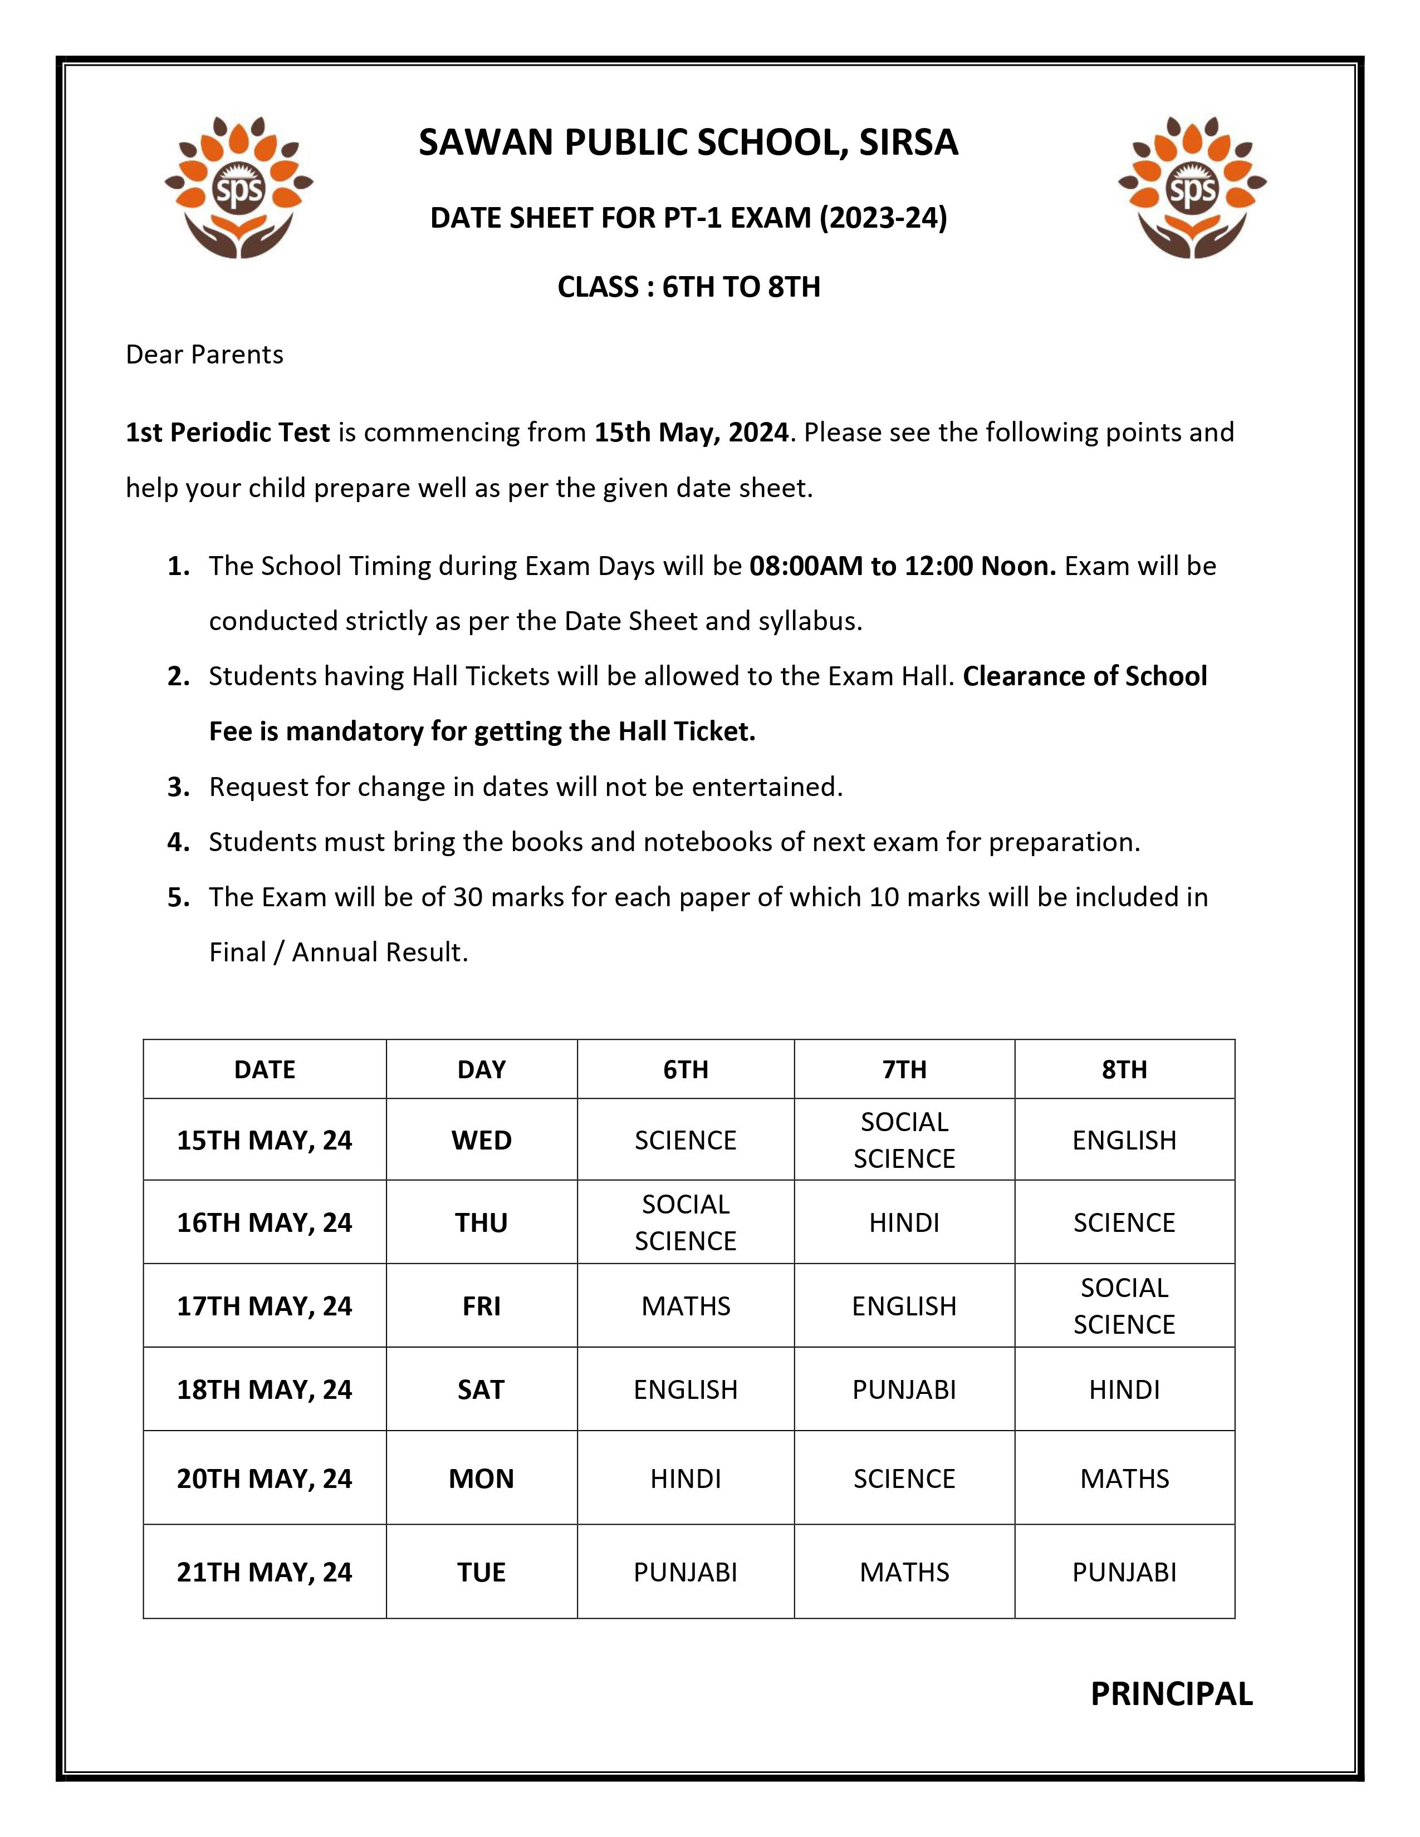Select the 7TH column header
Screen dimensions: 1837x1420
(x=904, y=1069)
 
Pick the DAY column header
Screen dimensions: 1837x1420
(x=481, y=1069)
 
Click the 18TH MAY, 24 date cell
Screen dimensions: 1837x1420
(x=264, y=1389)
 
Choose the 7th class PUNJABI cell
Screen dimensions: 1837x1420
(x=904, y=1389)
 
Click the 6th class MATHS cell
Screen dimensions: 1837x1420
(x=685, y=1306)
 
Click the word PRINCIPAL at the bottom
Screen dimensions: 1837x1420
(x=1171, y=1694)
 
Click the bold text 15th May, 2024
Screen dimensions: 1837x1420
(x=692, y=433)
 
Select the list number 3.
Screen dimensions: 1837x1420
(x=178, y=787)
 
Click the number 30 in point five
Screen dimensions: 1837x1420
(x=468, y=897)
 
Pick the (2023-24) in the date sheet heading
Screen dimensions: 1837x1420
(x=883, y=218)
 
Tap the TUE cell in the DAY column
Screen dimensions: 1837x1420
(x=481, y=1572)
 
